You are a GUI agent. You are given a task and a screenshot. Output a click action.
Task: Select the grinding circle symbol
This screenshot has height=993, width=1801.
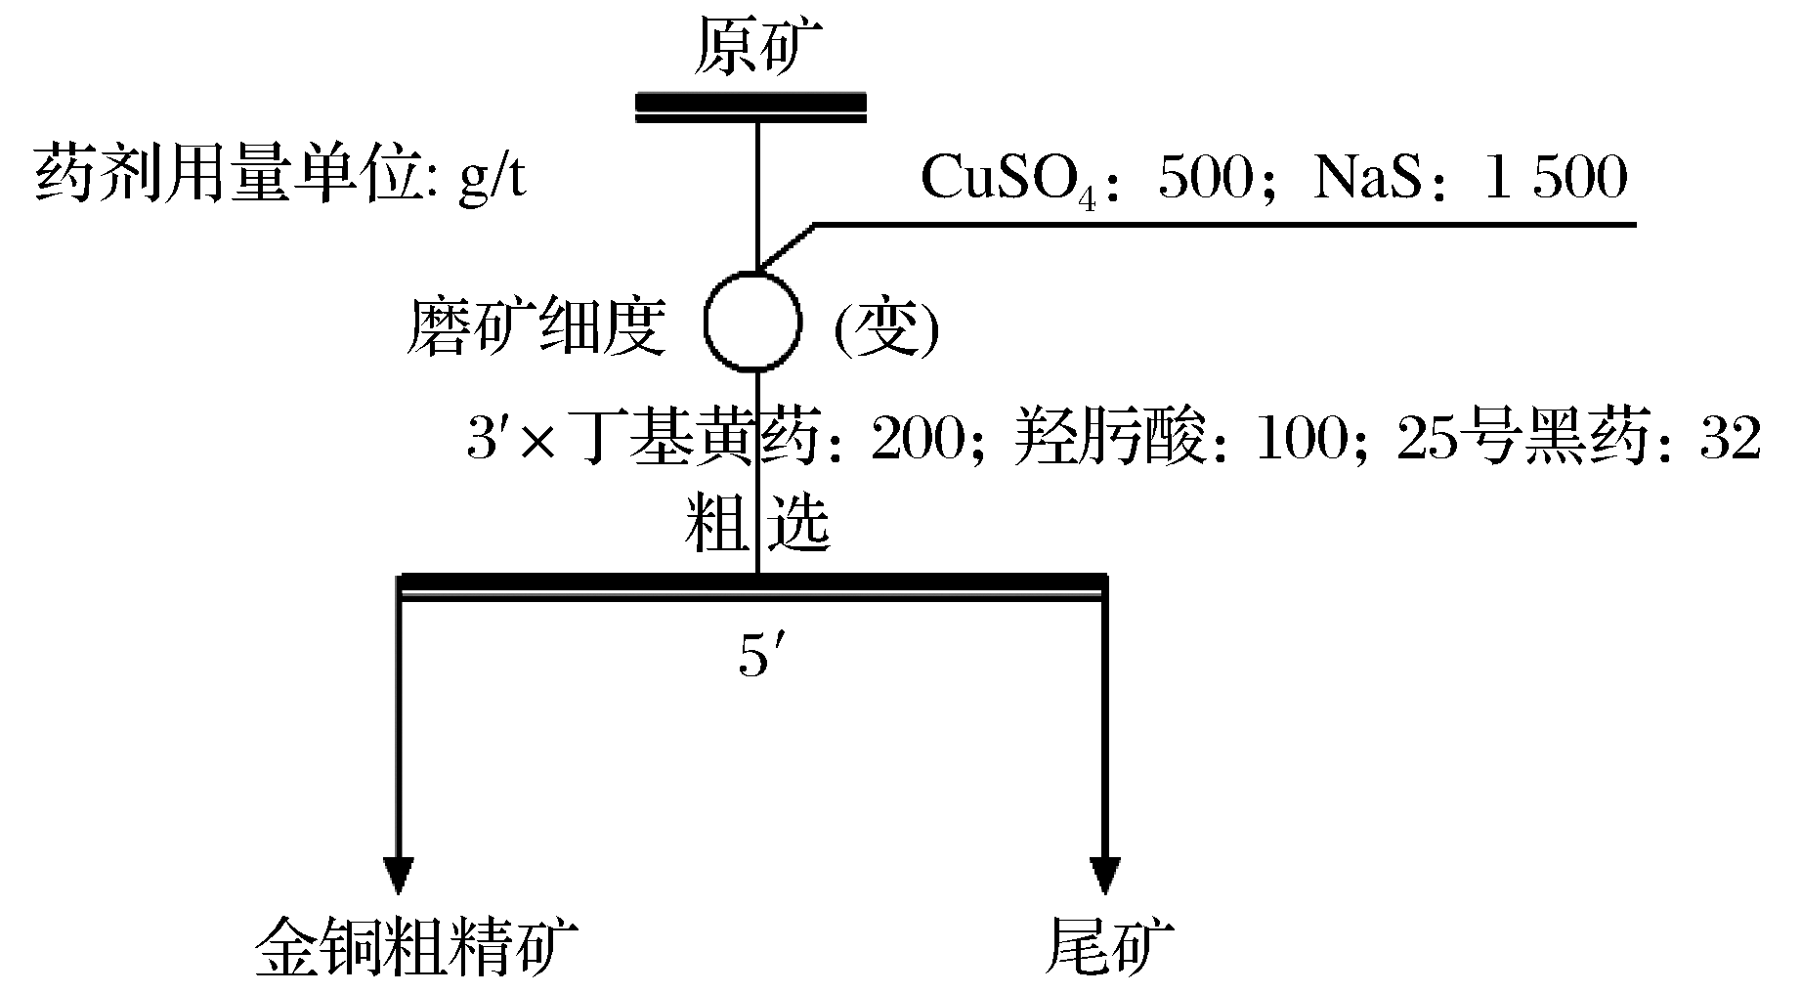pos(752,322)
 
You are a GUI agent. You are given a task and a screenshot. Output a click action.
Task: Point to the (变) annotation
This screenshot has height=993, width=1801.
pos(885,330)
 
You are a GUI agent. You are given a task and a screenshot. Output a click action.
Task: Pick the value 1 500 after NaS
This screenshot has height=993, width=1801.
pos(1556,179)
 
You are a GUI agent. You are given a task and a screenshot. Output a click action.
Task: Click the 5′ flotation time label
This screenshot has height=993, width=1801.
pos(756,659)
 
